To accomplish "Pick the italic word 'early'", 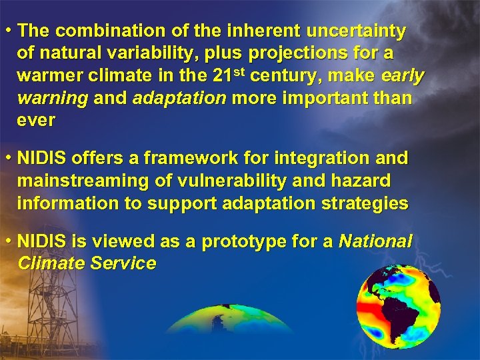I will point(402,77).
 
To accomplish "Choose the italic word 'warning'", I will point(53,99).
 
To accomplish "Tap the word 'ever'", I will point(36,121).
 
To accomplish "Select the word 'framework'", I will point(192,159).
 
